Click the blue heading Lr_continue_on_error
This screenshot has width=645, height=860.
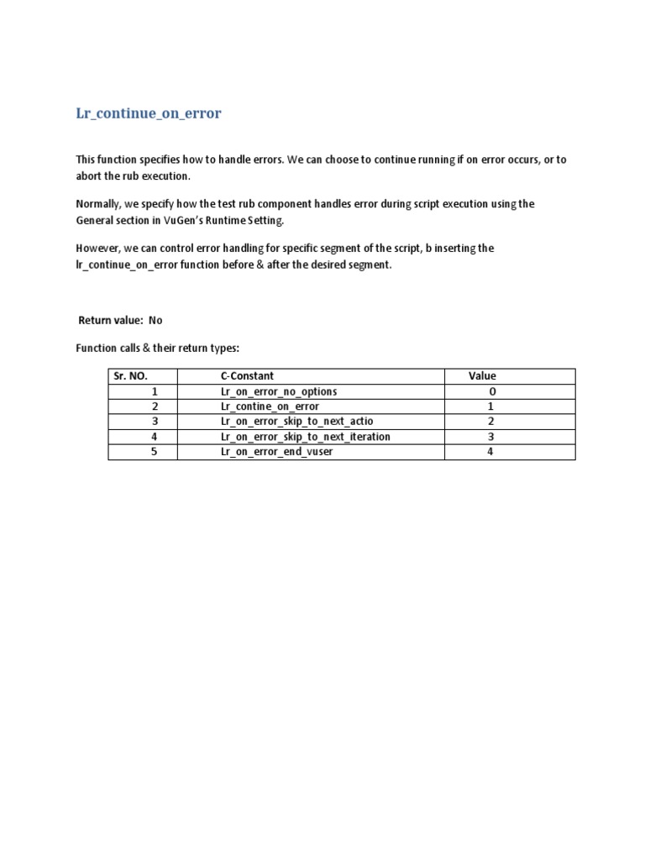point(149,113)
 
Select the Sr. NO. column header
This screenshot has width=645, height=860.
point(130,376)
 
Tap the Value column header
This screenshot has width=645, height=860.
point(482,376)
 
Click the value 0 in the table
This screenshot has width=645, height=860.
point(492,391)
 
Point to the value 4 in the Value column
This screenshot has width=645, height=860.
point(490,452)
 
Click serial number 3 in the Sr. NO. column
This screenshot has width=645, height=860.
point(155,422)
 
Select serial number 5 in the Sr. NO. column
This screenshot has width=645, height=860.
point(155,452)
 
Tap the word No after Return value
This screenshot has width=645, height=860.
point(155,320)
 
